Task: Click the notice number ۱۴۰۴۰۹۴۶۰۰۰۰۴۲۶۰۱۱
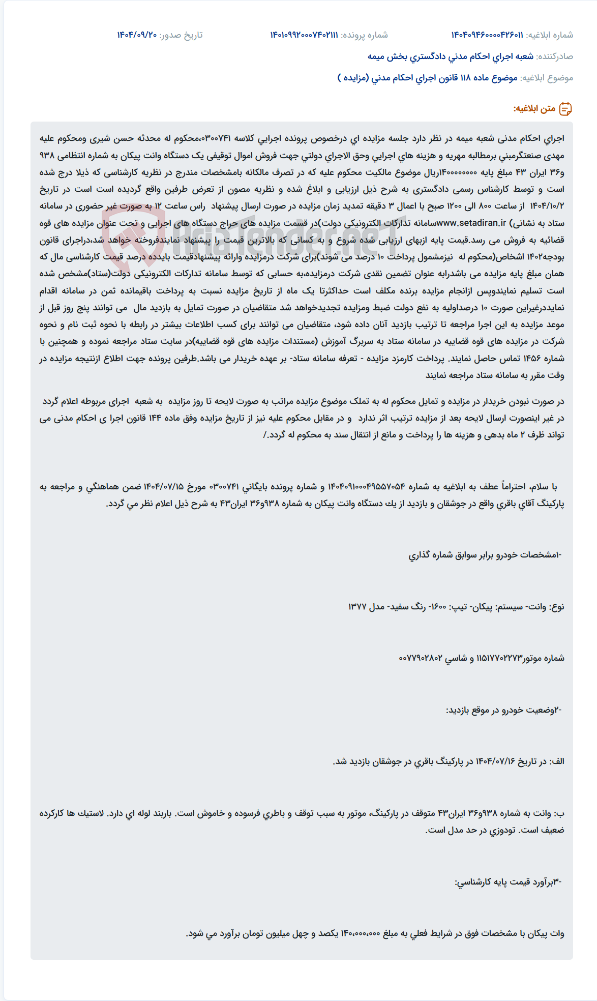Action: tap(487, 35)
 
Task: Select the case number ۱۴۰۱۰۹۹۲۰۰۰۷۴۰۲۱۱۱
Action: tap(304, 35)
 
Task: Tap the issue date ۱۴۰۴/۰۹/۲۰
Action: tap(137, 35)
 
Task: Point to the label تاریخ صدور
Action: tap(181, 35)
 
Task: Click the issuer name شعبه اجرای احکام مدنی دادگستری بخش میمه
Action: tap(450, 56)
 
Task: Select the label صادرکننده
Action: tap(555, 56)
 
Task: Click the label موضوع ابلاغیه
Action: tap(547, 78)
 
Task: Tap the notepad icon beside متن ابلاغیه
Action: tap(565, 109)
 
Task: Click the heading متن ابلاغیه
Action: tap(534, 109)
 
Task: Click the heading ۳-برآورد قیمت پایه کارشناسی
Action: tap(508, 882)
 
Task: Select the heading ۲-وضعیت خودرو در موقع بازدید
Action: tap(503, 710)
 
